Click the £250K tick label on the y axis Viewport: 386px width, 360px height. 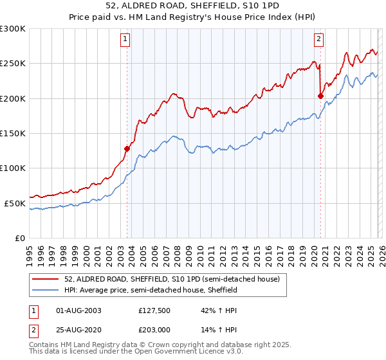(13, 64)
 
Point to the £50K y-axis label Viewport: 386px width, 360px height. (15, 203)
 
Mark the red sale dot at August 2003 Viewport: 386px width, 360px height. (127, 148)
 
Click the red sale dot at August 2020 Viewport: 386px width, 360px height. (320, 96)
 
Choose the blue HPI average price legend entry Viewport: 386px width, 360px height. (151, 291)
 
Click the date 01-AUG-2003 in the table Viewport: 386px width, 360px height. (79, 310)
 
